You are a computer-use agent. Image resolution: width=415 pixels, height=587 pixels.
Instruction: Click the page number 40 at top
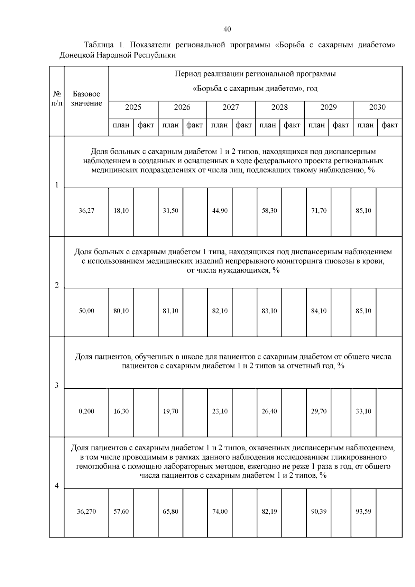tap(227, 29)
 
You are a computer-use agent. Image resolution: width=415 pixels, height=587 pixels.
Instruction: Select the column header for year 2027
tap(231, 107)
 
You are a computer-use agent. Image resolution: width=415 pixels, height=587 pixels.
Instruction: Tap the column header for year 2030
tap(377, 107)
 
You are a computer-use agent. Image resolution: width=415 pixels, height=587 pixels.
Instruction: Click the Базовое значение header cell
tap(86, 99)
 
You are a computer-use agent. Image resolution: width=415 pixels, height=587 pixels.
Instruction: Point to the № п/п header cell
tap(57, 99)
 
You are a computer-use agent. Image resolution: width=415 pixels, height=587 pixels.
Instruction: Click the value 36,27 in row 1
tap(86, 211)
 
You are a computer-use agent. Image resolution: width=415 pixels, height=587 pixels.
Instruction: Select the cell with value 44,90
tap(220, 211)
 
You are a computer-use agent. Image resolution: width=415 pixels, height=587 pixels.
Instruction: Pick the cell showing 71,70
tap(319, 211)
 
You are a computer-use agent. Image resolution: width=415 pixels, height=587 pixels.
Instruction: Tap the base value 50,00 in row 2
tap(86, 311)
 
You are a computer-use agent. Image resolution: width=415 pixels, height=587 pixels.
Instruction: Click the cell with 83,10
tap(269, 311)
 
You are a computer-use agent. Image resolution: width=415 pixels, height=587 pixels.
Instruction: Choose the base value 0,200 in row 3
tap(86, 411)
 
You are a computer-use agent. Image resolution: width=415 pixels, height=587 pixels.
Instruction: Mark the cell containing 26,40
tap(269, 411)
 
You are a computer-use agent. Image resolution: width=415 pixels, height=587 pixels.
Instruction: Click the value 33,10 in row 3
tap(363, 411)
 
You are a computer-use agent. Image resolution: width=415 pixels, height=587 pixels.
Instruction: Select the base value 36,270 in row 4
tap(86, 512)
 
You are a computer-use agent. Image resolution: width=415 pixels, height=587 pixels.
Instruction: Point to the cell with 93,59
tap(363, 512)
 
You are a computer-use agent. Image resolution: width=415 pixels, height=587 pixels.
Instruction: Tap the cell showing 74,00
tap(220, 512)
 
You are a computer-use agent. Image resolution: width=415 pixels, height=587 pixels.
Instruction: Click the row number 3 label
tap(57, 385)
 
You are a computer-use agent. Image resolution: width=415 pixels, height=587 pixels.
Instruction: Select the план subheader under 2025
tap(121, 125)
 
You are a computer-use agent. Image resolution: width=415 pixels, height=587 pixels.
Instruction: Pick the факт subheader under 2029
tap(341, 125)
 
